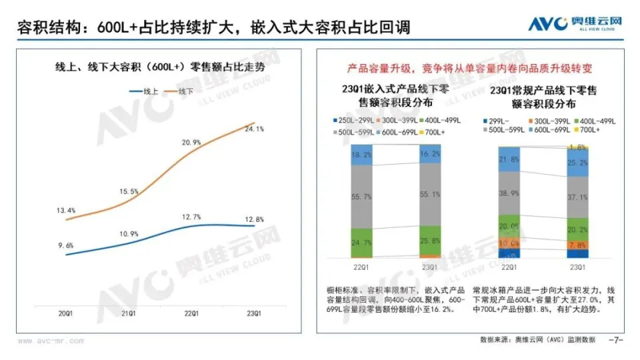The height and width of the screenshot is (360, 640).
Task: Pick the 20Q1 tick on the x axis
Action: (65, 313)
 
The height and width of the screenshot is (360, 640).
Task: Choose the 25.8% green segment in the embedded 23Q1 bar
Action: (430, 240)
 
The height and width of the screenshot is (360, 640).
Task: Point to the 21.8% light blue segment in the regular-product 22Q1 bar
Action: (509, 159)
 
